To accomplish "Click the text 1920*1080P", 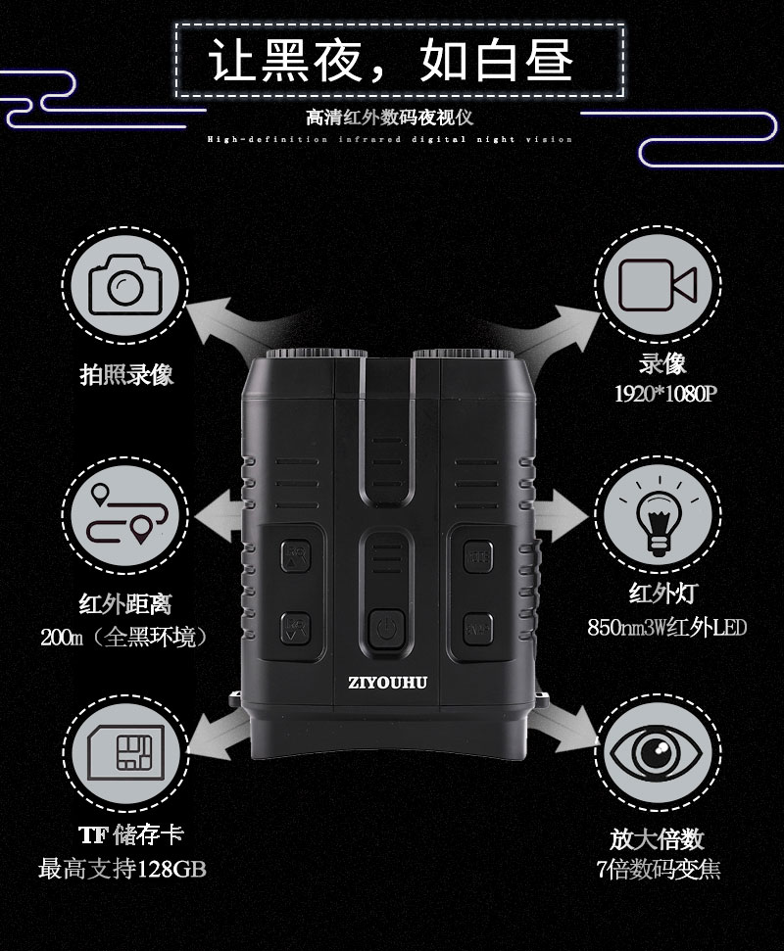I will pyautogui.click(x=662, y=396).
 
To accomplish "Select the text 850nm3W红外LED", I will pyautogui.click(x=666, y=627).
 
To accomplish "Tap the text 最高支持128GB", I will pyautogui.click(x=122, y=869).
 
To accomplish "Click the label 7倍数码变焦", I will pyautogui.click(x=659, y=869).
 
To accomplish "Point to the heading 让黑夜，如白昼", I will pyautogui.click(x=392, y=61).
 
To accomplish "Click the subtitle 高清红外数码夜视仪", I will pyautogui.click(x=390, y=119).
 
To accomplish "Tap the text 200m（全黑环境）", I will pyautogui.click(x=124, y=637).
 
